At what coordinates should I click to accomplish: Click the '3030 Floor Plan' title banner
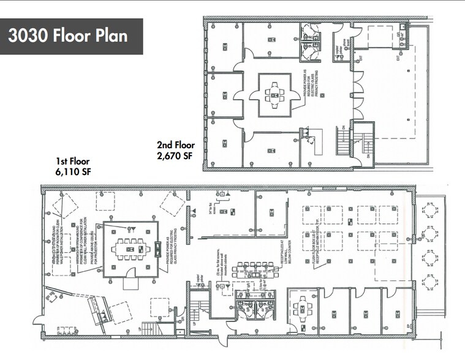click(72, 36)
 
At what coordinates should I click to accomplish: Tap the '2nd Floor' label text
click(175, 146)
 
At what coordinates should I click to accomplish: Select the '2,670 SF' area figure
click(175, 156)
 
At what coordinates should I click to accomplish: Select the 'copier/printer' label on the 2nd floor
click(335, 49)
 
